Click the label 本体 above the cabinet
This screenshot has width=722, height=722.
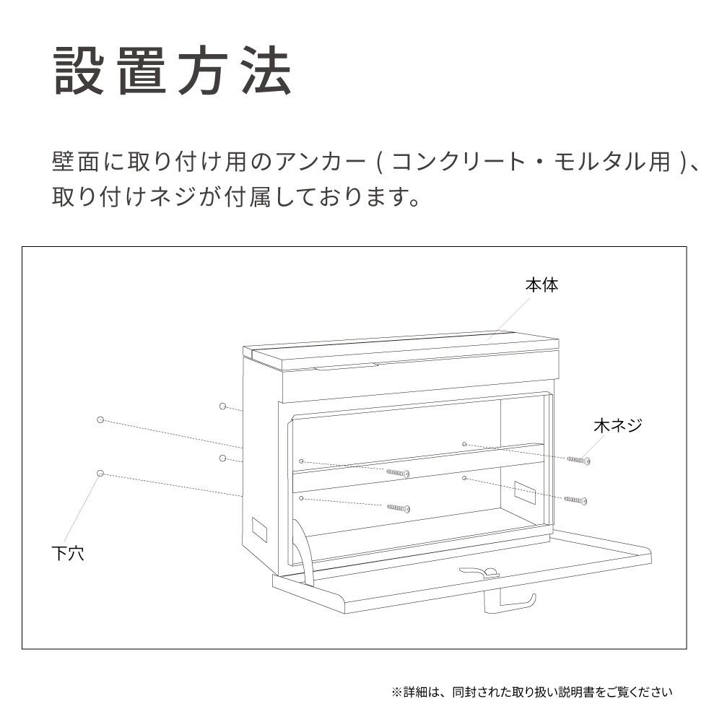542,285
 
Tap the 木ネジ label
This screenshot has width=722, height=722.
617,425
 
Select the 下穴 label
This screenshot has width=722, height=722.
68,553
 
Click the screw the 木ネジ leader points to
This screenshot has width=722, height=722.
579,460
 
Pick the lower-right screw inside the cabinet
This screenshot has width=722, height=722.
575,500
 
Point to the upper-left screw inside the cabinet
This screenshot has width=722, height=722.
398,473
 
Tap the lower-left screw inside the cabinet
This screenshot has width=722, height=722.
399,508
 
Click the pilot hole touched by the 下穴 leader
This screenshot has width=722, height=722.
100,474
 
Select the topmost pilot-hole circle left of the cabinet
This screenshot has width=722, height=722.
222,406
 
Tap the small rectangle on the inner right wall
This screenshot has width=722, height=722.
524,492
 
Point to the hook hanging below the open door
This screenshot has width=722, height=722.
510,603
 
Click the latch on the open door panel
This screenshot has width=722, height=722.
479,572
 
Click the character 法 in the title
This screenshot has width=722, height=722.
268,71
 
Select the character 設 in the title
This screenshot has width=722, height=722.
79,71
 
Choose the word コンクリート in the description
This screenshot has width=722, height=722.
458,162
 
